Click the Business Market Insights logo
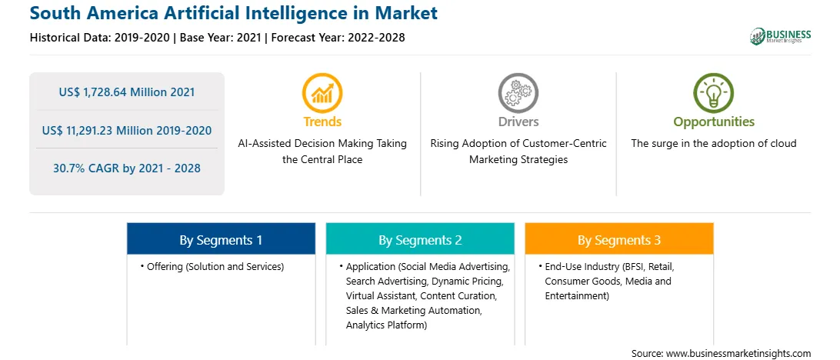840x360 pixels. [780, 36]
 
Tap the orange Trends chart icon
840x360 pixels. [322, 92]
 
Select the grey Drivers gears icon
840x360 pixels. [518, 92]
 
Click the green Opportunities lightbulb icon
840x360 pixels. [714, 92]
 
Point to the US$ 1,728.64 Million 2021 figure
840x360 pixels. [127, 92]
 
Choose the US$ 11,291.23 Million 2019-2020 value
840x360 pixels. [127, 130]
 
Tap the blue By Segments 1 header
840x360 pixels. [221, 239]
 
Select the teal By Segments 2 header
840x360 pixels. [420, 239]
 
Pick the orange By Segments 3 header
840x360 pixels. [619, 239]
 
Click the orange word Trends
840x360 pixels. [322, 122]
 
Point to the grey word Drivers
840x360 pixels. [518, 122]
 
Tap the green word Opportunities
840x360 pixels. [714, 122]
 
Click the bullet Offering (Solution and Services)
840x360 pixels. [212, 266]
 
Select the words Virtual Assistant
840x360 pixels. [381, 295]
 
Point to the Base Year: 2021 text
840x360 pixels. [220, 38]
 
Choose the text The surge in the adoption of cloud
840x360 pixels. [714, 143]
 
